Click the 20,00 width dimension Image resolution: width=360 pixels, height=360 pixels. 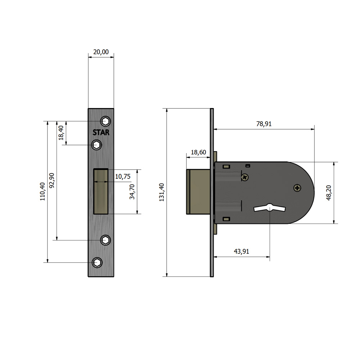[x=101, y=52]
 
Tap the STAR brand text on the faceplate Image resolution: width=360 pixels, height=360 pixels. [x=101, y=132]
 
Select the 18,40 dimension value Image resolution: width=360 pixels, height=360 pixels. [x=61, y=133]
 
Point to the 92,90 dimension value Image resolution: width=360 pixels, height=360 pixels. [x=52, y=180]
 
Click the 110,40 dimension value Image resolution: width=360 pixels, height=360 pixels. [x=42, y=192]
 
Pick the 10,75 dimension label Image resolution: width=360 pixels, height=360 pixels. [x=123, y=176]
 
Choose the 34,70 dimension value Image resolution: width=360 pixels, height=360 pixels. [x=132, y=192]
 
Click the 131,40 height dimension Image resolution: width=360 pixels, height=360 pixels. [x=162, y=192]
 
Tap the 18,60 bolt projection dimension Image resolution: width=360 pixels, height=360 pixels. [x=198, y=152]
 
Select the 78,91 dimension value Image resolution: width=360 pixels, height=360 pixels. [x=264, y=124]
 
